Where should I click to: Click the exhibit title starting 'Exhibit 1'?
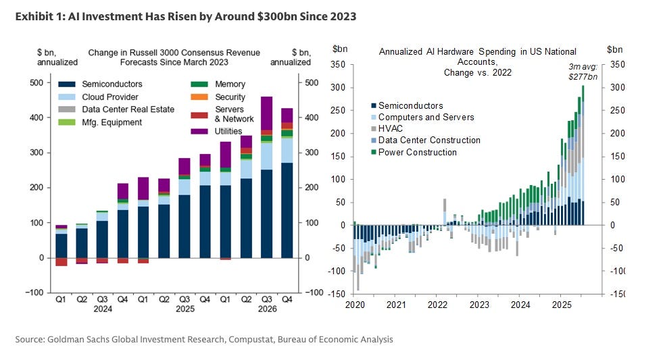(185, 16)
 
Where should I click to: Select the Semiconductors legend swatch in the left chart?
(66, 84)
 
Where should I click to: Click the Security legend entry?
(230, 97)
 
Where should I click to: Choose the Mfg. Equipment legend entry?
(112, 122)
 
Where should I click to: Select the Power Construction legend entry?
(417, 152)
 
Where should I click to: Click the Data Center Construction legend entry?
(429, 140)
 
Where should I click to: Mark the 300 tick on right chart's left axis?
(338, 88)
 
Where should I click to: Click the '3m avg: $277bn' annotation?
(583, 72)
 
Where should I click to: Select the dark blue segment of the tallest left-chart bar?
(266, 213)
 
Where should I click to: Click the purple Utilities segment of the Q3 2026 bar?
(266, 113)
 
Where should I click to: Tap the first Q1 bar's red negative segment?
(62, 262)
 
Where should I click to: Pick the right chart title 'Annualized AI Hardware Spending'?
(477, 51)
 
